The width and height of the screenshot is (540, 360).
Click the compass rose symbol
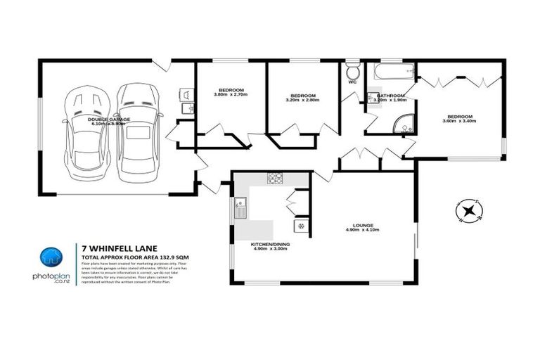click(x=466, y=210)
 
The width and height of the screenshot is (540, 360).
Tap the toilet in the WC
click(x=352, y=72)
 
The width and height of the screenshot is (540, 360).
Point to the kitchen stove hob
click(x=274, y=179)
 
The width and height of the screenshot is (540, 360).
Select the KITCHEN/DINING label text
click(x=271, y=244)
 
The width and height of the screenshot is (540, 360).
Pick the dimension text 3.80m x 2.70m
click(x=231, y=96)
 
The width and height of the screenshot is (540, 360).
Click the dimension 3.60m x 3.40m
click(x=459, y=122)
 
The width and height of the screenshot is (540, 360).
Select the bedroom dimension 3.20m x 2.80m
click(x=302, y=101)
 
